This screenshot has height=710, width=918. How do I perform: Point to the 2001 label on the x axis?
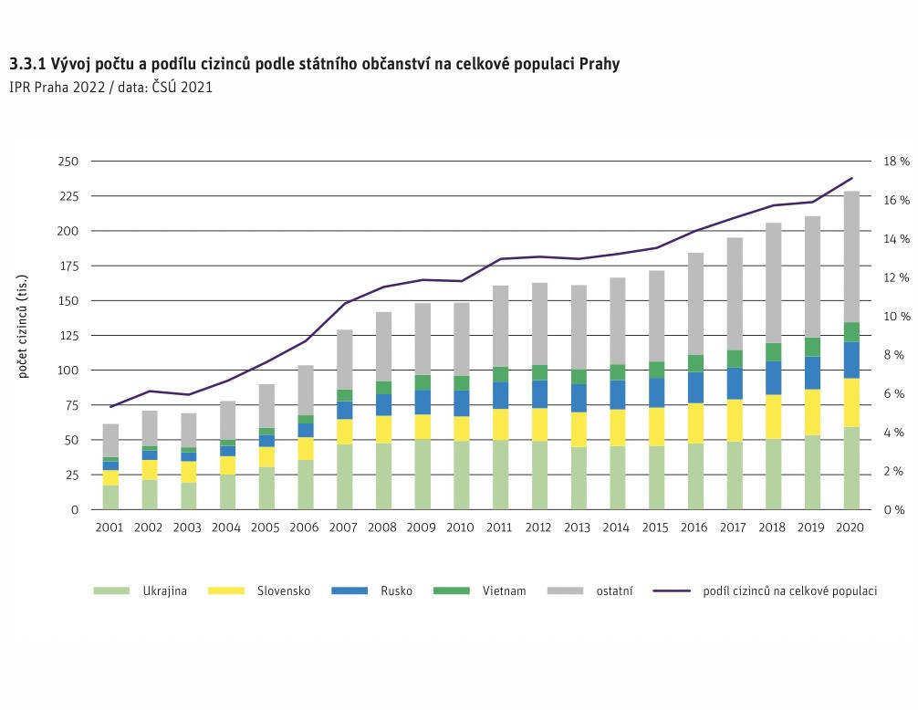click(x=110, y=527)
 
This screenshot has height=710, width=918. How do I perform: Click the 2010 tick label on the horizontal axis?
click(x=462, y=527)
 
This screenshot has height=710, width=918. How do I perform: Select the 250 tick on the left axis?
click(x=67, y=162)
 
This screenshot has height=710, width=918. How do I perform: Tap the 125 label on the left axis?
click(x=67, y=336)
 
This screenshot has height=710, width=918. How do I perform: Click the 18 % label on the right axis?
click(x=897, y=162)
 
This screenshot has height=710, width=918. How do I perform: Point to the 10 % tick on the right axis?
click(x=897, y=317)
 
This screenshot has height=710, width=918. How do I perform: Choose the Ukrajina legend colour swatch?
click(x=107, y=591)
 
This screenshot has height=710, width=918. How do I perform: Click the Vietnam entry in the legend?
click(x=504, y=591)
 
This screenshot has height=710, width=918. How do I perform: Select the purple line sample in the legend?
click(x=672, y=591)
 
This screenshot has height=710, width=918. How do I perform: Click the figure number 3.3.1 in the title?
click(x=27, y=66)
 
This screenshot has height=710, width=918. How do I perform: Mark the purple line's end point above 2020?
click(x=851, y=178)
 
